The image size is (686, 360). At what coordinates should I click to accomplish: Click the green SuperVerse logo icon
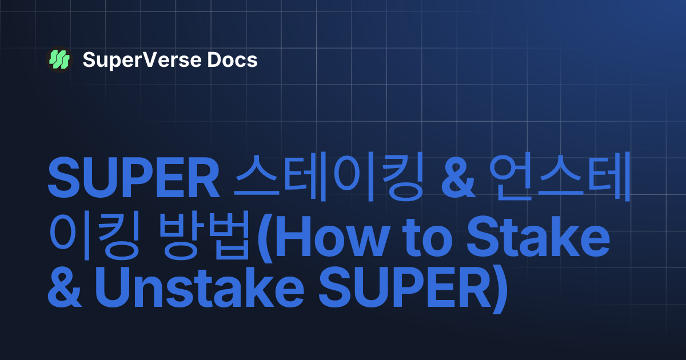pyautogui.click(x=59, y=59)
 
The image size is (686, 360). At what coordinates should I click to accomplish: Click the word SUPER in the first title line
pyautogui.click(x=133, y=178)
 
